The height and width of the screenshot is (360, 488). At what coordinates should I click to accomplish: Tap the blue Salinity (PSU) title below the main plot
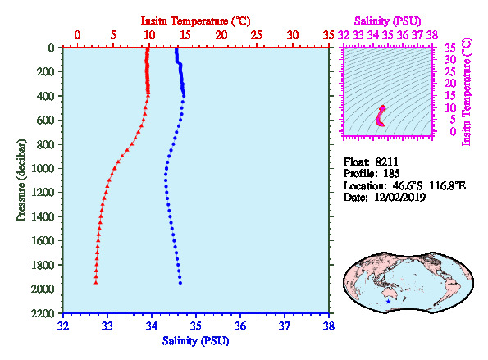point(195,341)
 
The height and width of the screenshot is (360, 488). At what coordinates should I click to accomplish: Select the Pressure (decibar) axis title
point(21,180)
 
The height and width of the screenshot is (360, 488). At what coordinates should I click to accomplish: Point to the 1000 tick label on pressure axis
point(43,168)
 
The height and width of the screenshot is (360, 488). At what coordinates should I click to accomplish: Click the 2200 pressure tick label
point(43,313)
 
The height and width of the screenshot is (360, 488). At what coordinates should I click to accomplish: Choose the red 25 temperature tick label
point(257,34)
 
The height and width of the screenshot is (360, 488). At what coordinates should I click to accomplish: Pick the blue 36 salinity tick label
point(240,326)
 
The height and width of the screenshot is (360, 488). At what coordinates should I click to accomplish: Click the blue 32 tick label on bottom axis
point(63,326)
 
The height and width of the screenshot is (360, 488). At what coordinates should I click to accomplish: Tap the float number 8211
point(386,162)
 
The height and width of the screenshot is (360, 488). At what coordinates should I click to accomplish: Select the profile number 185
point(391,173)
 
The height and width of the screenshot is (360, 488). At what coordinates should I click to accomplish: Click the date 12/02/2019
point(400,198)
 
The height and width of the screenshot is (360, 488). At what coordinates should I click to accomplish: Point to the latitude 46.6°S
point(408,186)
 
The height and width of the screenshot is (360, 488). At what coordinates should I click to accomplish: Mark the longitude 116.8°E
point(448,186)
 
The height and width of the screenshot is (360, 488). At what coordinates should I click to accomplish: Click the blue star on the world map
point(388,302)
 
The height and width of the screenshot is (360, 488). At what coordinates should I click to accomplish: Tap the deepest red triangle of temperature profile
point(96,282)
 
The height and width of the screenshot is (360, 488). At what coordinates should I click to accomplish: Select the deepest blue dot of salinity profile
point(180,283)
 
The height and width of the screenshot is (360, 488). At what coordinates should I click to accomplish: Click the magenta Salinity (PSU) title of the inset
point(387,21)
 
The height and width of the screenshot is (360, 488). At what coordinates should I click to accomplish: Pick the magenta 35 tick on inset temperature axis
point(449,48)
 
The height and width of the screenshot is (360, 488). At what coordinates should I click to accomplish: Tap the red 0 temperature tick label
point(77,34)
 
